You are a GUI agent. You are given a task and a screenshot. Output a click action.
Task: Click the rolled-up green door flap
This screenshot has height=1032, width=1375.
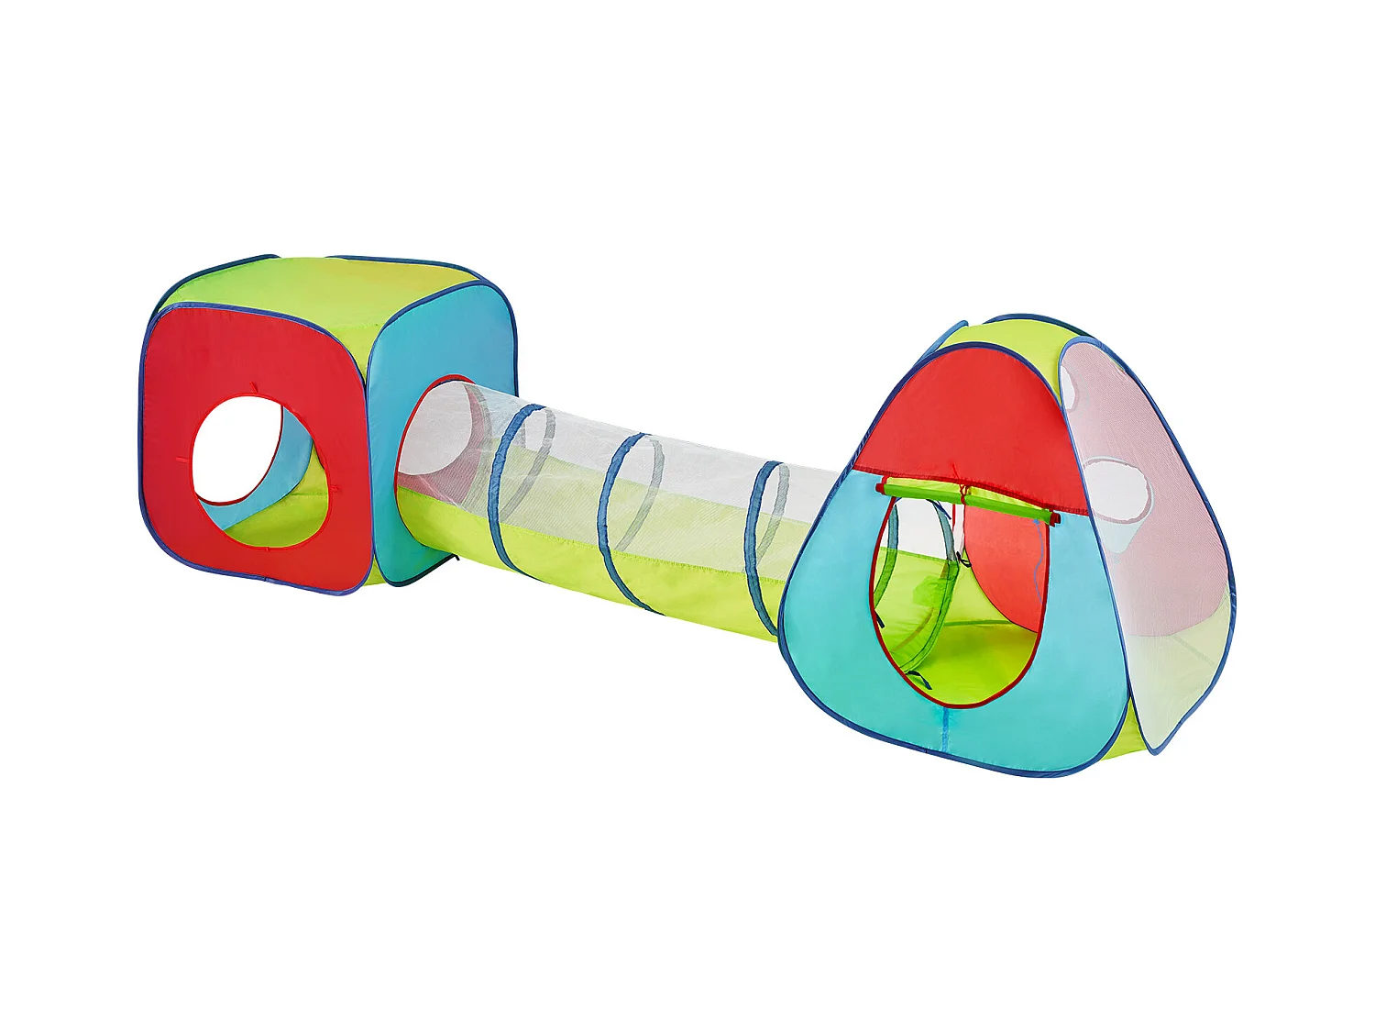click(x=967, y=500)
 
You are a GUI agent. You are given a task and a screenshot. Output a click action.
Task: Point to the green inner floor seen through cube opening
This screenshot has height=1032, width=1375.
click(x=275, y=523)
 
